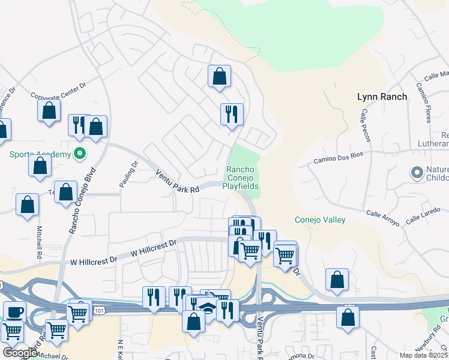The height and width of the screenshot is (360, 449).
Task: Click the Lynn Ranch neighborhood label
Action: tap(382, 97)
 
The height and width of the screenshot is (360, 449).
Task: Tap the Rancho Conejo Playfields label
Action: tap(242, 178)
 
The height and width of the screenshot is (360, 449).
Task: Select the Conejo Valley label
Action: tap(320, 220)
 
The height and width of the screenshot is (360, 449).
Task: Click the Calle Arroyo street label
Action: tap(383, 217)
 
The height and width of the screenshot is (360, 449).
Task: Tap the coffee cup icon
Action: tap(14, 312)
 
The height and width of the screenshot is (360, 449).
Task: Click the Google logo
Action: tap(20, 353)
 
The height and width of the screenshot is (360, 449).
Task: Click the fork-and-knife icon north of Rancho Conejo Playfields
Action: tap(232, 113)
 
